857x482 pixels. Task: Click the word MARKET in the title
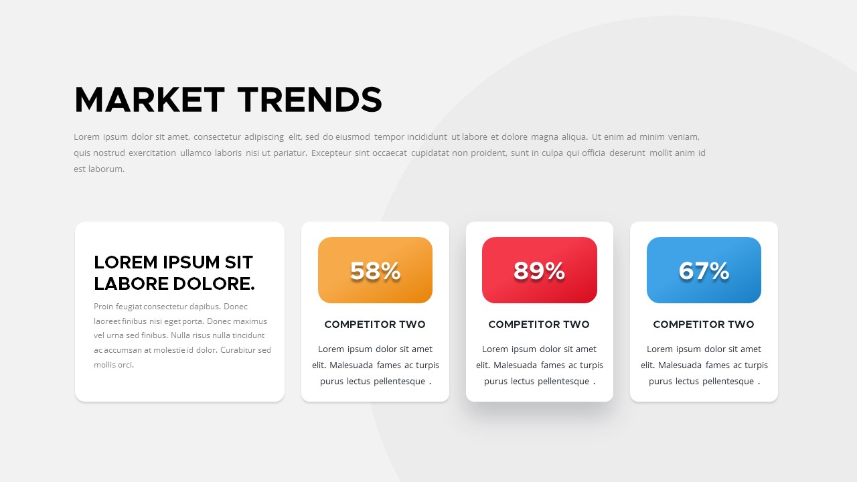coord(149,100)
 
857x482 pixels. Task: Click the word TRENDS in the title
coord(309,100)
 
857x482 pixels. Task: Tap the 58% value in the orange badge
coord(375,271)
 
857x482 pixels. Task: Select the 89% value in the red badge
coord(539,271)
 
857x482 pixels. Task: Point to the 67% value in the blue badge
coord(704,271)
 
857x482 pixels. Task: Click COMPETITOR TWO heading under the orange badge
coord(375,325)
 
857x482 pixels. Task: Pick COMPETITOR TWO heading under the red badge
coord(539,325)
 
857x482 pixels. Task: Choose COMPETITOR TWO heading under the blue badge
coord(704,325)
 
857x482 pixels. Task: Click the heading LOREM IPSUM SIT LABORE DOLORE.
coord(174,272)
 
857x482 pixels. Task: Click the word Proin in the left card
coord(104,307)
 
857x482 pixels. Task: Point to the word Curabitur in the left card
coord(238,350)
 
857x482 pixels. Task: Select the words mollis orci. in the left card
coord(114,365)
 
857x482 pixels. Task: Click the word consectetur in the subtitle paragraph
coord(217,137)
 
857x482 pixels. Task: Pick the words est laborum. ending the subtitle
coord(99,169)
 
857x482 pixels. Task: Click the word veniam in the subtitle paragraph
coord(682,137)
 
